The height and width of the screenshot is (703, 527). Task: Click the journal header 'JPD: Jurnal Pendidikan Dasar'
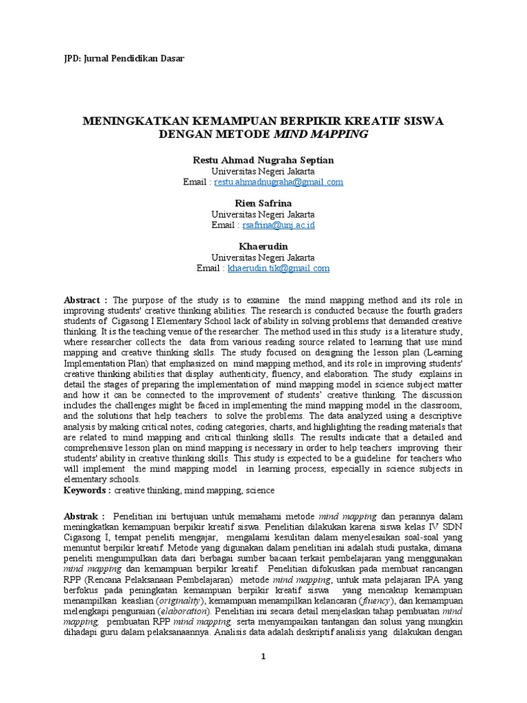pos(123,59)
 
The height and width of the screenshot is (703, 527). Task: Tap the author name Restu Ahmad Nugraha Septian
pos(263,160)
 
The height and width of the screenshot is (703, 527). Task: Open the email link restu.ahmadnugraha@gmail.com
pos(279,182)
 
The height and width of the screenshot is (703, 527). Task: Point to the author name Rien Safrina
pos(263,203)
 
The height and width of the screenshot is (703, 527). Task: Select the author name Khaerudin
pos(263,246)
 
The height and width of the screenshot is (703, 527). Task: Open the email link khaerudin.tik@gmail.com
pos(279,268)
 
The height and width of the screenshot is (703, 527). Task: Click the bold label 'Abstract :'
pos(85,300)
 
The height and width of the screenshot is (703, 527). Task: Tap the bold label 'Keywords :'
pos(87,490)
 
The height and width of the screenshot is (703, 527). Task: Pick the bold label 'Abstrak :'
pos(84,515)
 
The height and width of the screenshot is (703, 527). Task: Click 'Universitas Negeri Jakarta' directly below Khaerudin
pos(263,257)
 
